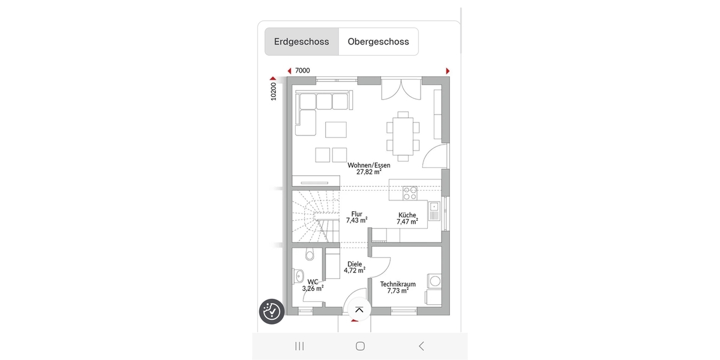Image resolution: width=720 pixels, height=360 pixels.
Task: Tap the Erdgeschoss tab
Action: pyautogui.click(x=302, y=42)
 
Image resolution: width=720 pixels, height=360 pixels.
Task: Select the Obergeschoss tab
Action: pyautogui.click(x=378, y=42)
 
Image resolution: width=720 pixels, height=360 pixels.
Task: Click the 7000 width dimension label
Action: pyautogui.click(x=302, y=71)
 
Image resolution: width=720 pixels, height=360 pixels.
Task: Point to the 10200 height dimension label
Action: pyautogui.click(x=274, y=91)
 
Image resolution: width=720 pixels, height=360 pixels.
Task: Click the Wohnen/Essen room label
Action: pyautogui.click(x=368, y=165)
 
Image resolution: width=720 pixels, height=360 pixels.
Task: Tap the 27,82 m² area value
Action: pyautogui.click(x=368, y=172)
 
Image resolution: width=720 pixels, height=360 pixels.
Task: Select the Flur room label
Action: pyautogui.click(x=356, y=214)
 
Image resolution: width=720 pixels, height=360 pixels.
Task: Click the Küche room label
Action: pyautogui.click(x=407, y=215)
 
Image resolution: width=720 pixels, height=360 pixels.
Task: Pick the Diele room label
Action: pyautogui.click(x=355, y=263)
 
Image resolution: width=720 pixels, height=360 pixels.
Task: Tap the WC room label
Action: pyautogui.click(x=313, y=281)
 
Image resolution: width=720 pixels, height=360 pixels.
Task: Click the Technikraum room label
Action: pyautogui.click(x=398, y=284)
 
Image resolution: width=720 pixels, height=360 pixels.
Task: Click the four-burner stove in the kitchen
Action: pyautogui.click(x=410, y=193)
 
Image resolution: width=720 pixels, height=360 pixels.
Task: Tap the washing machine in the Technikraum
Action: pyautogui.click(x=434, y=281)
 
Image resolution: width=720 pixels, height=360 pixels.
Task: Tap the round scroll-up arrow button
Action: pyautogui.click(x=359, y=310)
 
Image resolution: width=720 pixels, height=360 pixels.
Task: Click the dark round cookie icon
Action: pyautogui.click(x=271, y=311)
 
